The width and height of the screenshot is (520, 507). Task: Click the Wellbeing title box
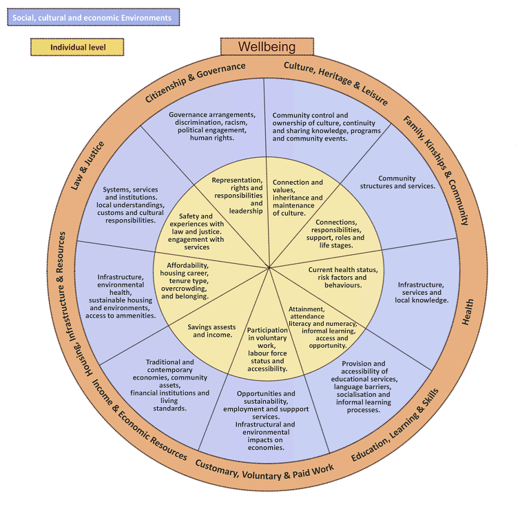pos(267,47)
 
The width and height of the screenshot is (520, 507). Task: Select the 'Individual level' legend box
pos(77,48)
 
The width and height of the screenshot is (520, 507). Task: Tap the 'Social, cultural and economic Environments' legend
pos(93,17)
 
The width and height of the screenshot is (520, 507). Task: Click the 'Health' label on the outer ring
pos(468,312)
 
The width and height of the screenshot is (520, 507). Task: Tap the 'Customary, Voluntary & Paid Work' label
pos(264,473)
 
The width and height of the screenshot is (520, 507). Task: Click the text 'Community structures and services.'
pos(406,182)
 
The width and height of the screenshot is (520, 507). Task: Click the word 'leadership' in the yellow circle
pos(246,211)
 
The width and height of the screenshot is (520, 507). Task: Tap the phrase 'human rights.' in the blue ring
pos(211,138)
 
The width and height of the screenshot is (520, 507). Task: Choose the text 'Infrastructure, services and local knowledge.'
pos(421,292)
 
